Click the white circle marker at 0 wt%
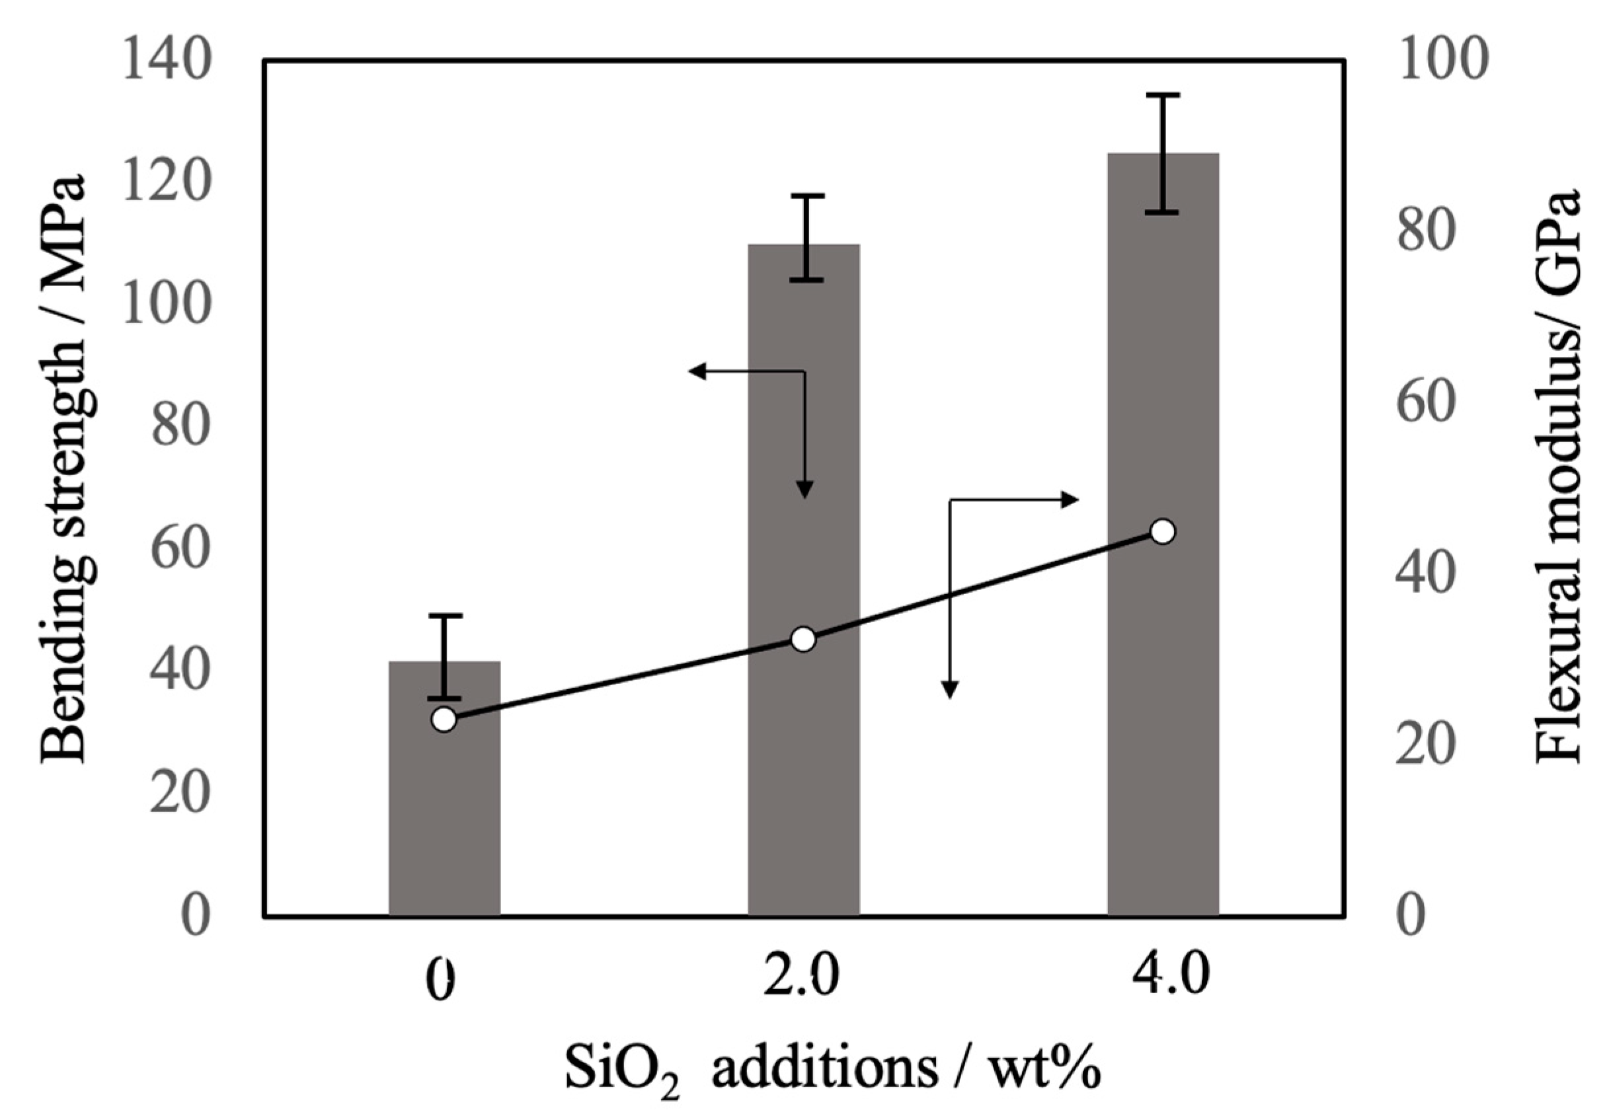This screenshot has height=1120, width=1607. coord(444,719)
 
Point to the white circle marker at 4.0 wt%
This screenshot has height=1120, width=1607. coord(1163,532)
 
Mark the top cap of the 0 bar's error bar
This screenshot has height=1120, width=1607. coord(444,616)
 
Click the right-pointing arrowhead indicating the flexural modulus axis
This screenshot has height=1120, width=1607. coord(1071,500)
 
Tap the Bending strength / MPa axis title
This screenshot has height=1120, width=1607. coord(64,468)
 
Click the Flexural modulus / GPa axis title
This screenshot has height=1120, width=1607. coord(1558,476)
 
